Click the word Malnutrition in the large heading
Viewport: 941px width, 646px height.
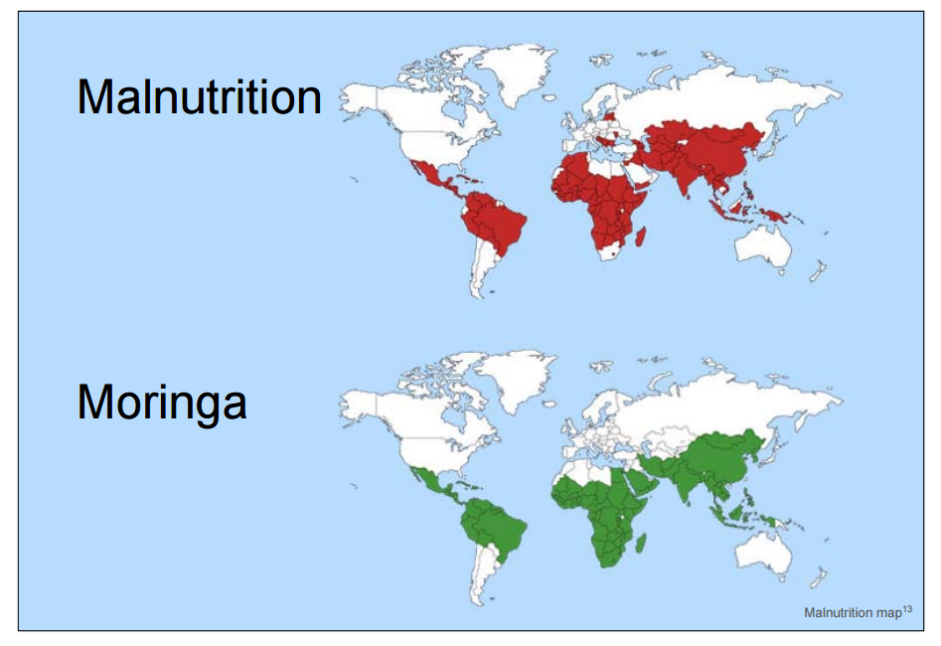[200, 98]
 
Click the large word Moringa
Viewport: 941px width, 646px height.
[162, 403]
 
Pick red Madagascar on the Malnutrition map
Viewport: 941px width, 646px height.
[644, 237]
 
